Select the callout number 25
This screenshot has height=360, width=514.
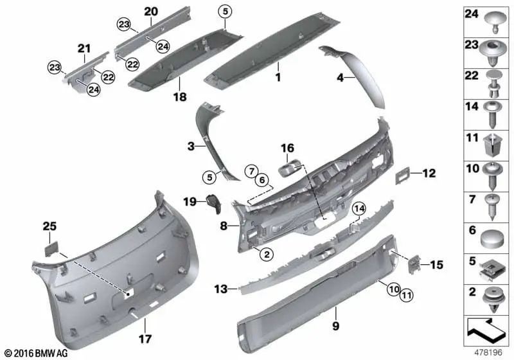point(50,226)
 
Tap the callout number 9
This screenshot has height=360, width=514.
point(334,310)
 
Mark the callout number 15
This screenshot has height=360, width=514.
point(437,264)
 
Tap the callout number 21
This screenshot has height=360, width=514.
point(85,48)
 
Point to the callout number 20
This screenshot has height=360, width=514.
point(151,11)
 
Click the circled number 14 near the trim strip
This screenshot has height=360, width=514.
point(358,208)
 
